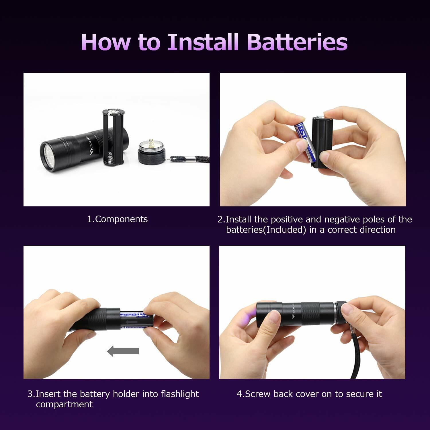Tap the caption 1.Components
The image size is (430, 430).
tap(117, 219)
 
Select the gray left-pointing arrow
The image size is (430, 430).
tap(123, 351)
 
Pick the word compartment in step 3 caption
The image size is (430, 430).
tap(64, 404)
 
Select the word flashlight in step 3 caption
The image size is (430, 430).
tap(180, 394)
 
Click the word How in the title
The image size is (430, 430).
tap(105, 42)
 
